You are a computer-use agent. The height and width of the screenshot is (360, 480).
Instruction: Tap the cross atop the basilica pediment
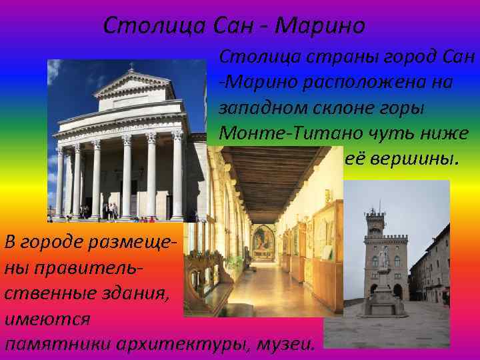[131, 66]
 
